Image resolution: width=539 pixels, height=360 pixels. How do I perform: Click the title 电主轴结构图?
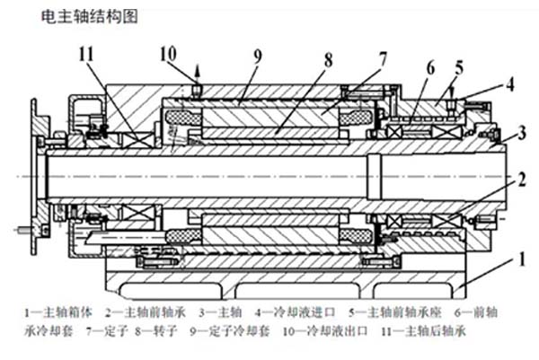tap(89, 17)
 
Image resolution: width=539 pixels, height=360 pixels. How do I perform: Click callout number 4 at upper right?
tap(510, 87)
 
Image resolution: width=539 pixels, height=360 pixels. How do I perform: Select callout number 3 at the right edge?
tap(521, 135)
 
